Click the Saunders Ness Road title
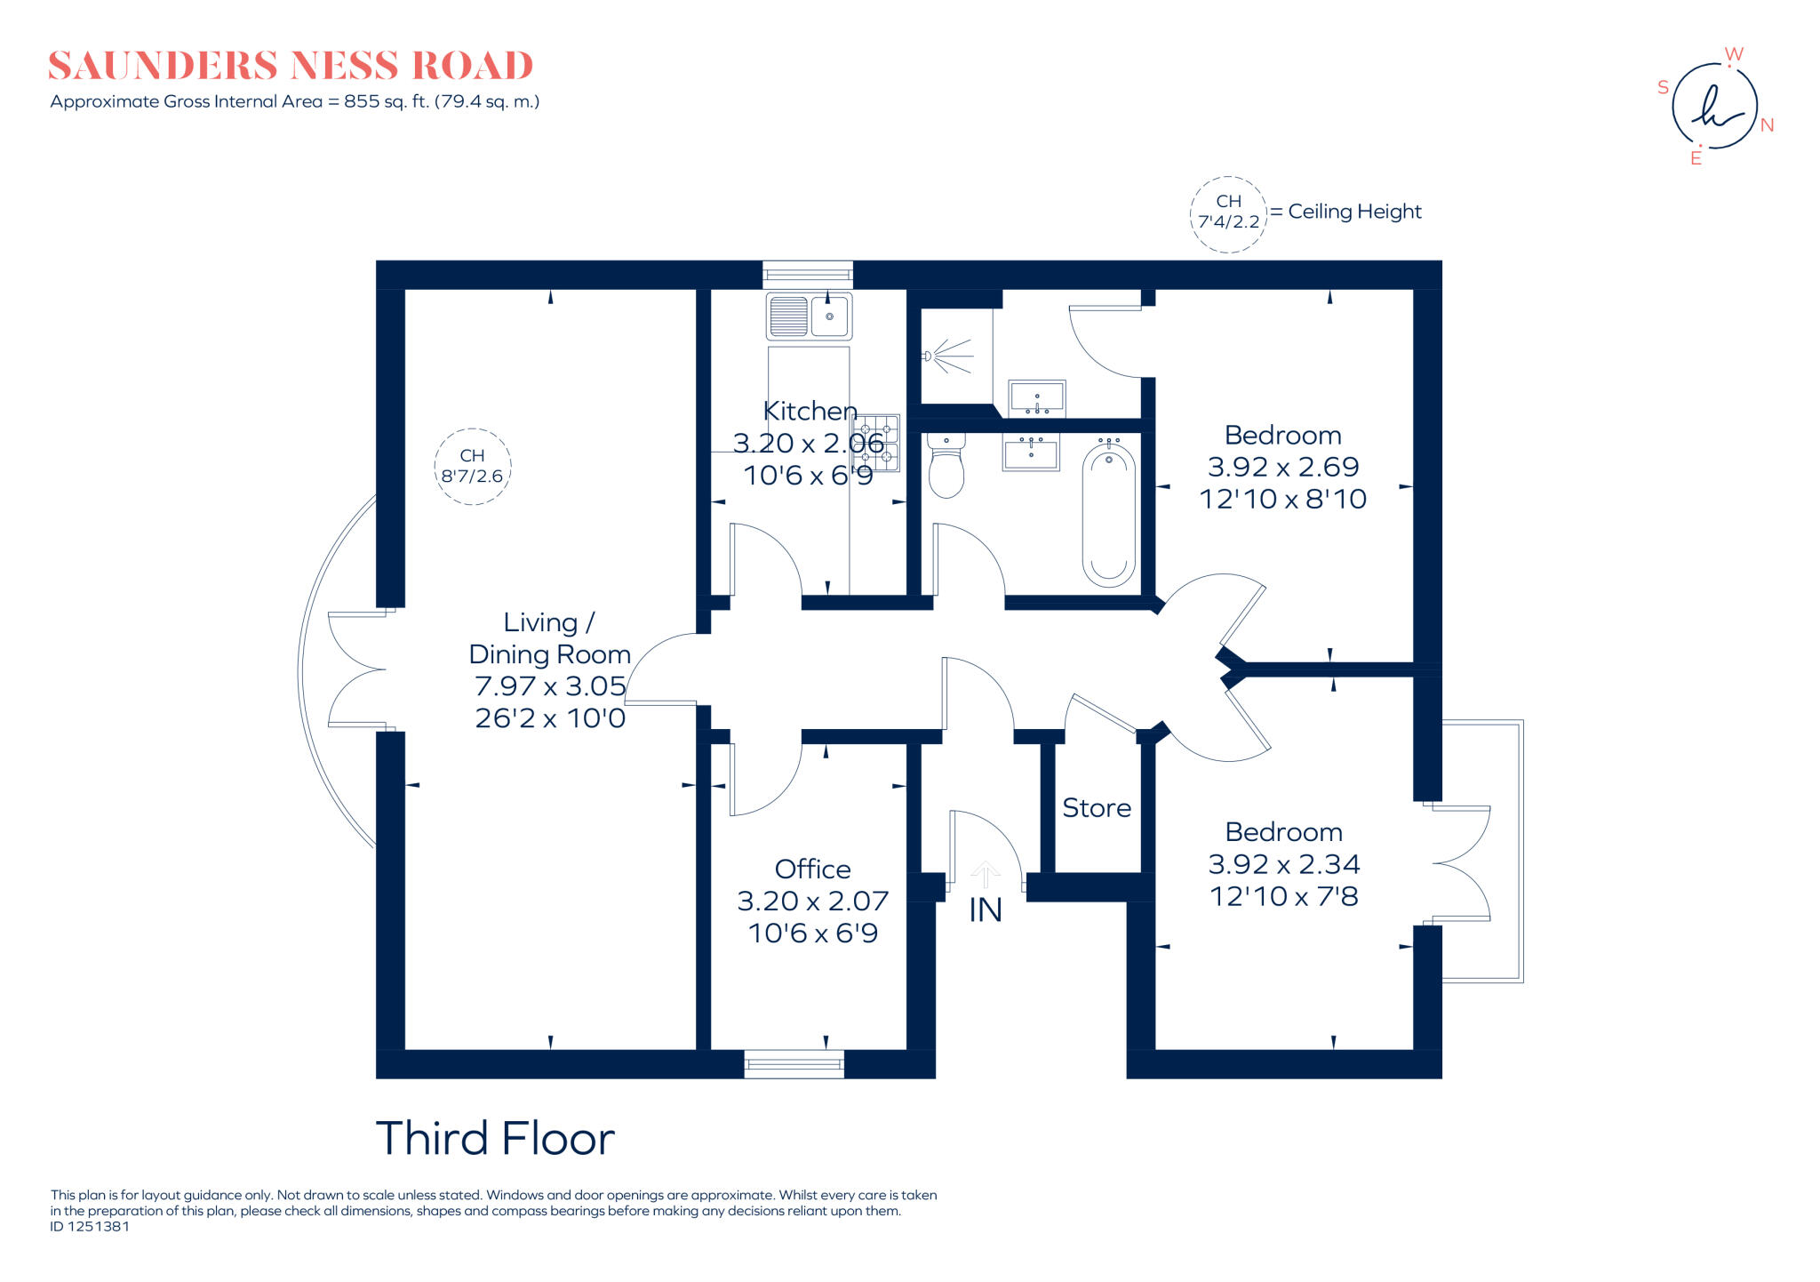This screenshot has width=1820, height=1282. click(x=290, y=66)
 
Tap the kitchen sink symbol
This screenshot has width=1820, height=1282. click(x=809, y=316)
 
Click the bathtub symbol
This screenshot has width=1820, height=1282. click(x=1108, y=516)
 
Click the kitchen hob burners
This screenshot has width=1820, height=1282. click(x=876, y=443)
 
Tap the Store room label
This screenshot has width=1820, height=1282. click(x=1097, y=808)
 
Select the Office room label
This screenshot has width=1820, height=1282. click(x=812, y=869)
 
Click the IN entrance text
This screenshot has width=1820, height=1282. click(x=985, y=910)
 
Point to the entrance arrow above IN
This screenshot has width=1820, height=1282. click(x=985, y=873)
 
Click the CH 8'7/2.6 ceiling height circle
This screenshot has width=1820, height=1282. click(x=472, y=467)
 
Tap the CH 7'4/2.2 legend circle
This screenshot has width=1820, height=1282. click(x=1228, y=213)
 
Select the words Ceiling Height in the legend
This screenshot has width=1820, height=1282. click(x=1354, y=212)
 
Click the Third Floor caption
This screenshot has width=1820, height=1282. click(x=495, y=1139)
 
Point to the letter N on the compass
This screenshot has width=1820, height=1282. click(x=1767, y=125)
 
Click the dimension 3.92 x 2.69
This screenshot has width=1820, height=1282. click(x=1282, y=467)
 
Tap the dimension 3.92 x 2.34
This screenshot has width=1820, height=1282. click(x=1283, y=864)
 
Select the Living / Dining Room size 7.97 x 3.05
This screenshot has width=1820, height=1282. click(x=550, y=686)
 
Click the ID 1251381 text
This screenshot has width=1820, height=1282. click(x=90, y=1227)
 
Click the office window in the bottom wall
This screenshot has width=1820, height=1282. click(x=794, y=1063)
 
